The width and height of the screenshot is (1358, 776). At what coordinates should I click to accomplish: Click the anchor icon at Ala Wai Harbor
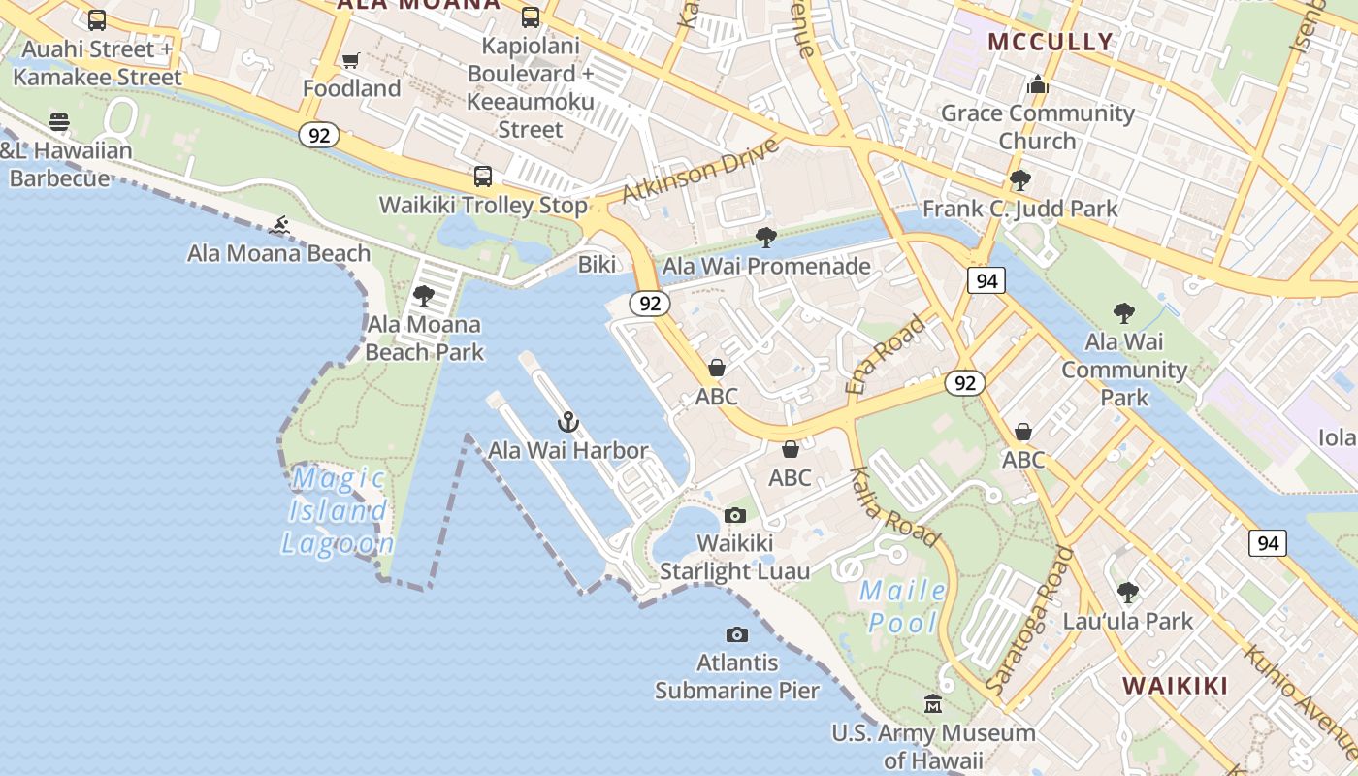pyautogui.click(x=568, y=422)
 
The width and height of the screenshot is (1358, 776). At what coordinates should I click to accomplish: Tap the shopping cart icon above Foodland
pyautogui.click(x=351, y=60)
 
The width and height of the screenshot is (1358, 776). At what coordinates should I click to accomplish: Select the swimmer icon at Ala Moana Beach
pyautogui.click(x=279, y=226)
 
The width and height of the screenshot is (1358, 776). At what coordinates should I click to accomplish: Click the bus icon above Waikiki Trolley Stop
pyautogui.click(x=483, y=177)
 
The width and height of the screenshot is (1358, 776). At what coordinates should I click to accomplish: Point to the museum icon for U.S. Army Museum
pyautogui.click(x=933, y=703)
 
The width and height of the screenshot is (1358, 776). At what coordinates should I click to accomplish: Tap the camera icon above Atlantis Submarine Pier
pyautogui.click(x=737, y=635)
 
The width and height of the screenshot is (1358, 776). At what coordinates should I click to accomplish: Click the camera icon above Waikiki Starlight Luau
pyautogui.click(x=735, y=515)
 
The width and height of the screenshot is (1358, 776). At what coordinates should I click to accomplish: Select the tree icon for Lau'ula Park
pyautogui.click(x=1127, y=592)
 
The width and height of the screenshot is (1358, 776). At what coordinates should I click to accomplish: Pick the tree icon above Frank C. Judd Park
pyautogui.click(x=1019, y=180)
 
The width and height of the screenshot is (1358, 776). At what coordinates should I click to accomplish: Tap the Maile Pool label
pyautogui.click(x=903, y=606)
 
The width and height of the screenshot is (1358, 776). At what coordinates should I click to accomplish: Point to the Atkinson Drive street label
pyautogui.click(x=700, y=171)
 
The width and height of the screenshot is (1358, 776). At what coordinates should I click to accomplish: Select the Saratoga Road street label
pyautogui.click(x=1030, y=621)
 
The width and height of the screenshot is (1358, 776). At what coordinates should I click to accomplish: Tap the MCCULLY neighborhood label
pyautogui.click(x=1051, y=42)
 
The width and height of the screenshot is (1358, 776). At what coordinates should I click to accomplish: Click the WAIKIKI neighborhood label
pyautogui.click(x=1175, y=686)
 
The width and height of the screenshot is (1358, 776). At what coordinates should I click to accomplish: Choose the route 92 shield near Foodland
pyautogui.click(x=318, y=135)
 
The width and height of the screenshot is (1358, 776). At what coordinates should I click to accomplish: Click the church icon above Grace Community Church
pyautogui.click(x=1038, y=85)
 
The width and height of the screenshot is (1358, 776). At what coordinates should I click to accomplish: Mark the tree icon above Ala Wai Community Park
pyautogui.click(x=1123, y=313)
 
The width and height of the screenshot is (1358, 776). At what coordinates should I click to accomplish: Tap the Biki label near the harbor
pyautogui.click(x=598, y=265)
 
